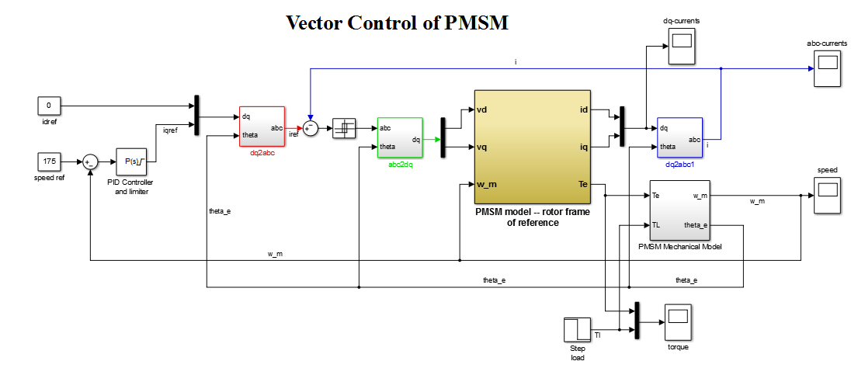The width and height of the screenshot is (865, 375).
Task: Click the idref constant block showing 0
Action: (49, 105)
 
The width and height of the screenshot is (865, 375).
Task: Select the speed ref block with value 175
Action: (49, 161)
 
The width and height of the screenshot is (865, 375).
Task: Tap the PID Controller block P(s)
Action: (130, 162)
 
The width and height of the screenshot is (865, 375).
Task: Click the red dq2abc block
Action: (262, 127)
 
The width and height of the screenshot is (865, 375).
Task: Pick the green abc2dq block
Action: (399, 138)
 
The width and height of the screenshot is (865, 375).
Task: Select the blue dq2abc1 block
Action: (679, 137)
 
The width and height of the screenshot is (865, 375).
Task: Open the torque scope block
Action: (677, 321)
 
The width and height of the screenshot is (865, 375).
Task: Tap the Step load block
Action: (577, 329)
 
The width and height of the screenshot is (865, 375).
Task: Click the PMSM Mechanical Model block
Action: (679, 210)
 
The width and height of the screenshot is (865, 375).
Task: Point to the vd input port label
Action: (482, 109)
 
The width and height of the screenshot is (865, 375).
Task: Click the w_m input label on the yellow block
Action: (487, 184)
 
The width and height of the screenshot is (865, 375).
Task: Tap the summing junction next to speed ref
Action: (91, 161)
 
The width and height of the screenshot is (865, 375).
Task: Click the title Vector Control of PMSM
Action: (398, 23)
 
